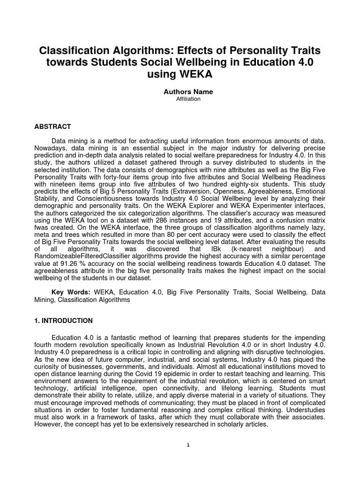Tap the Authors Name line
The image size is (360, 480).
coord(181,92)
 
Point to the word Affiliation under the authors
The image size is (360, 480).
coord(181,99)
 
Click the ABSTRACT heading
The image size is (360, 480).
coord(53,127)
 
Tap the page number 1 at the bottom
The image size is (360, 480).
coord(187,445)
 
